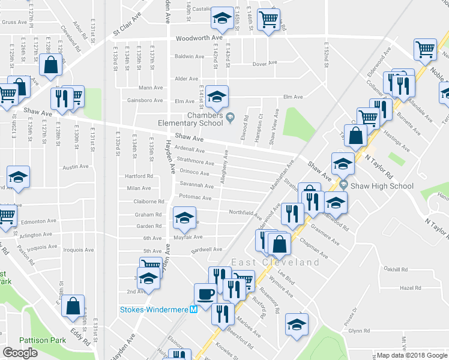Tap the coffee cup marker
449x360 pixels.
(205, 293)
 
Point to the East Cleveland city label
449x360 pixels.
(276, 263)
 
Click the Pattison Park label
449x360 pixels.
(41, 340)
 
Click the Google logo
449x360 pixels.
(20, 353)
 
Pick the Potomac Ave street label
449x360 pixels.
(195, 197)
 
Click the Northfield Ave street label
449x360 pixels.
(246, 212)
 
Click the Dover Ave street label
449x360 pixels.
(265, 63)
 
